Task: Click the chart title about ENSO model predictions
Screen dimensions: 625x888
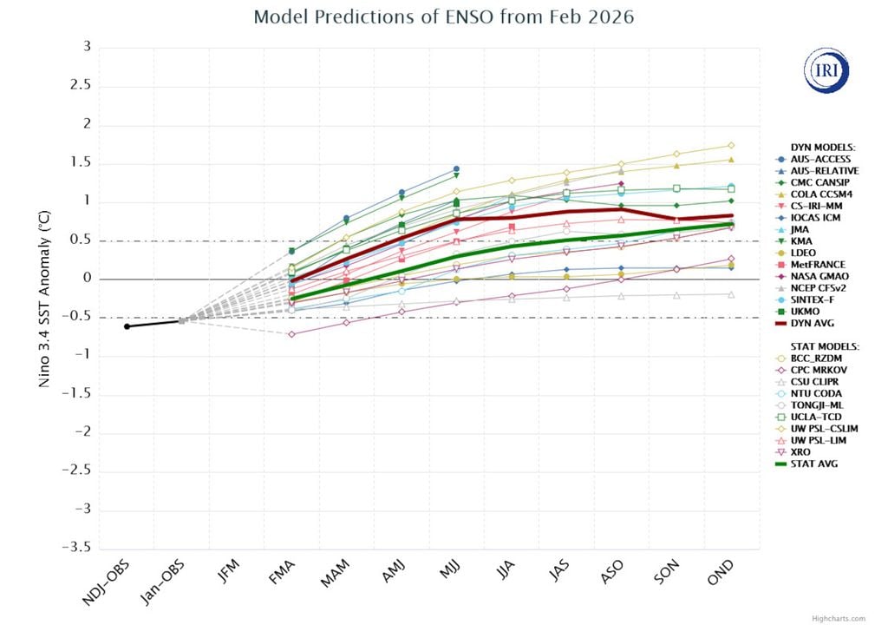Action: coord(443,17)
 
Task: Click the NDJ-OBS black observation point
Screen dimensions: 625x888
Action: coord(127,326)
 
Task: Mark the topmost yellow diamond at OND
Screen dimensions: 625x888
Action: coord(731,145)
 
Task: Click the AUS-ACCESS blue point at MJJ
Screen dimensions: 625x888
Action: coord(456,168)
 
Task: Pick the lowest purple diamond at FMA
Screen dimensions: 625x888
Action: coord(291,334)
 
